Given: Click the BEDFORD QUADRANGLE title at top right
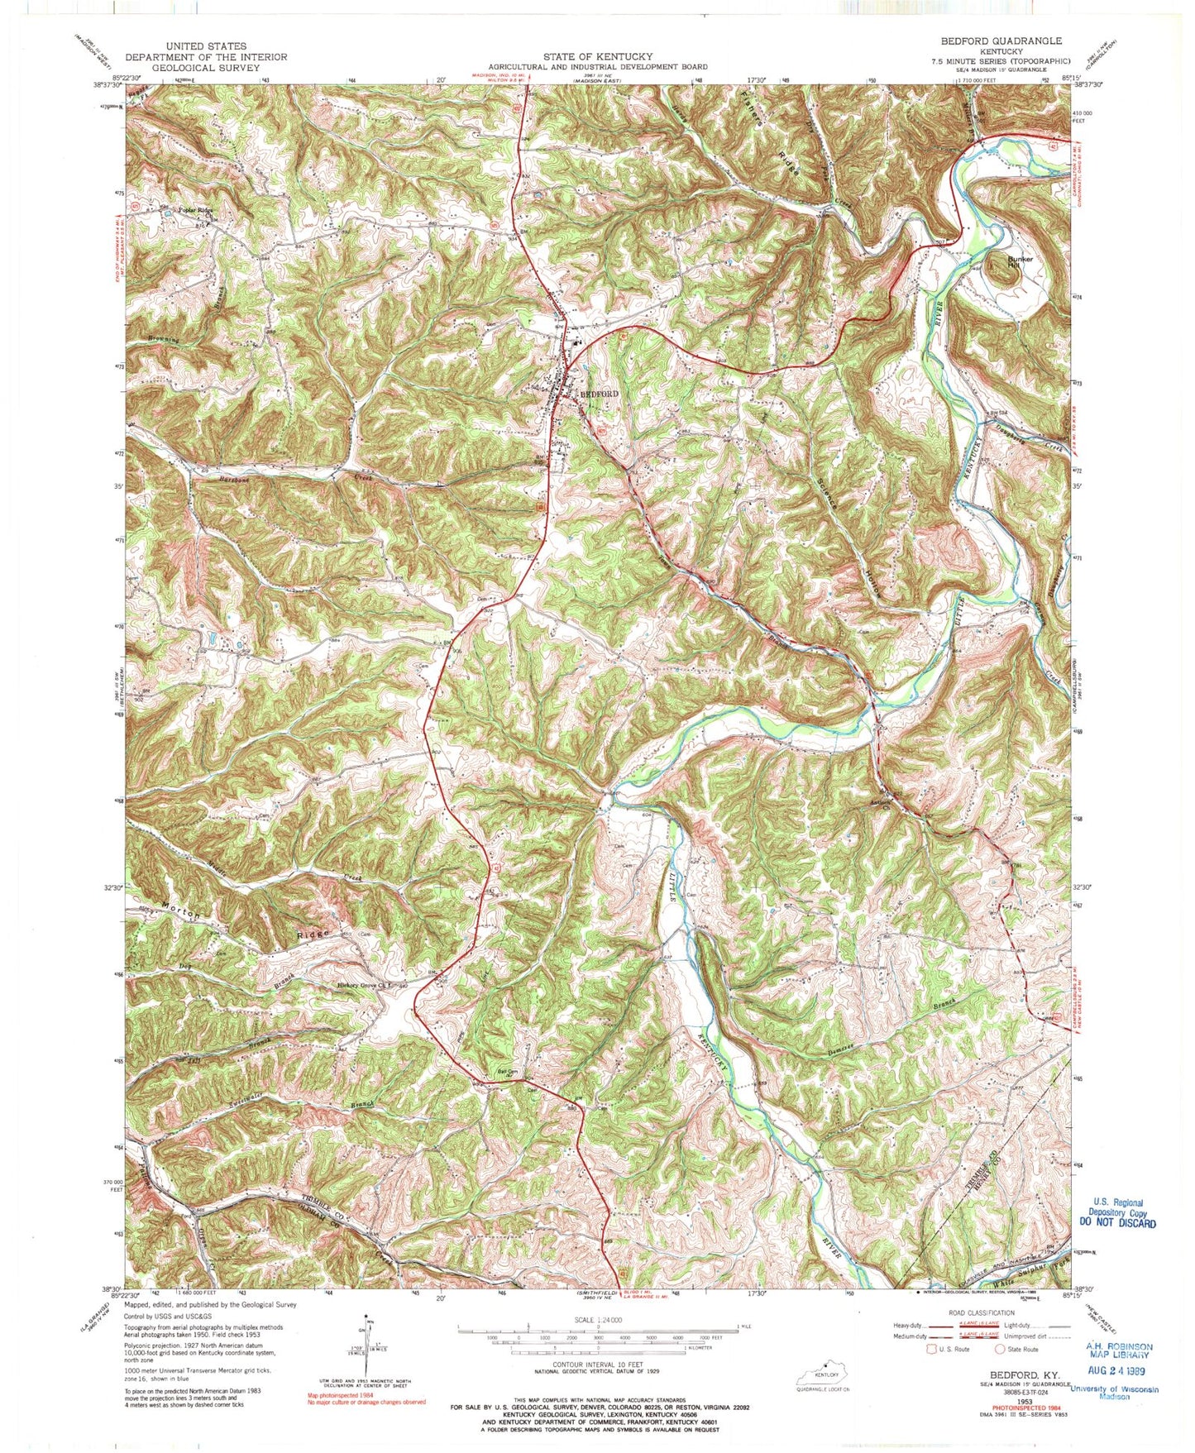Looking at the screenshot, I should point(1001,41).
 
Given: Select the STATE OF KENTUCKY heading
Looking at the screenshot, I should point(597,56).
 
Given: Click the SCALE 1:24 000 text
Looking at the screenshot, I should point(596,1322).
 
